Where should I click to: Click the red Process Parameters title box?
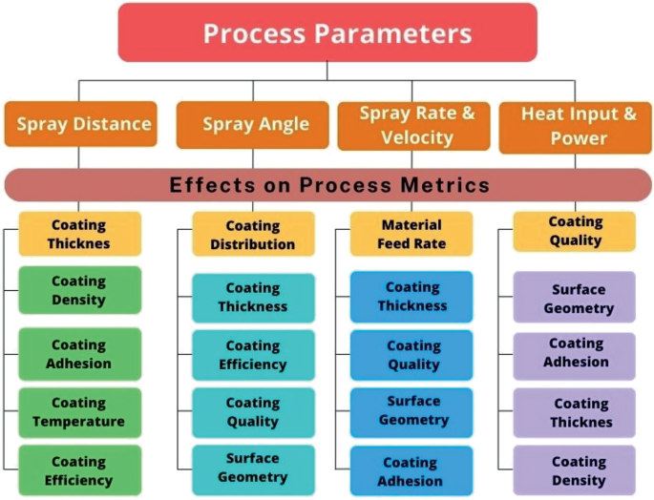(x=327, y=32)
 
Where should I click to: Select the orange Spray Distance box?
(x=81, y=124)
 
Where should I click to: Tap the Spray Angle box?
(x=253, y=125)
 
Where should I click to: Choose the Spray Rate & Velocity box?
(x=413, y=126)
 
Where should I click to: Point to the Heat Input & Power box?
(x=576, y=127)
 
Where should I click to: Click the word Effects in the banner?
(x=212, y=185)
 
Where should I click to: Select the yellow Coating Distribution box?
(x=253, y=234)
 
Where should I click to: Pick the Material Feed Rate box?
(x=411, y=234)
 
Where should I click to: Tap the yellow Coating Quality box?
(x=575, y=232)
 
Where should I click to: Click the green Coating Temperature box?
(x=80, y=412)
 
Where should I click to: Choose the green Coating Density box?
(x=80, y=290)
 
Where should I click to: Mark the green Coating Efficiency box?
(x=80, y=470)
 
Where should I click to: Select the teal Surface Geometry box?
(x=253, y=470)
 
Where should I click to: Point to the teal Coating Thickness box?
(x=253, y=298)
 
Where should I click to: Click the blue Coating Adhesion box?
(x=411, y=470)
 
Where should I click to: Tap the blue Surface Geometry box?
(x=411, y=412)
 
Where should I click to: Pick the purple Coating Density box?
(x=575, y=470)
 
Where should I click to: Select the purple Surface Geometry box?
(x=575, y=297)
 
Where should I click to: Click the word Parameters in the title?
(x=393, y=33)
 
